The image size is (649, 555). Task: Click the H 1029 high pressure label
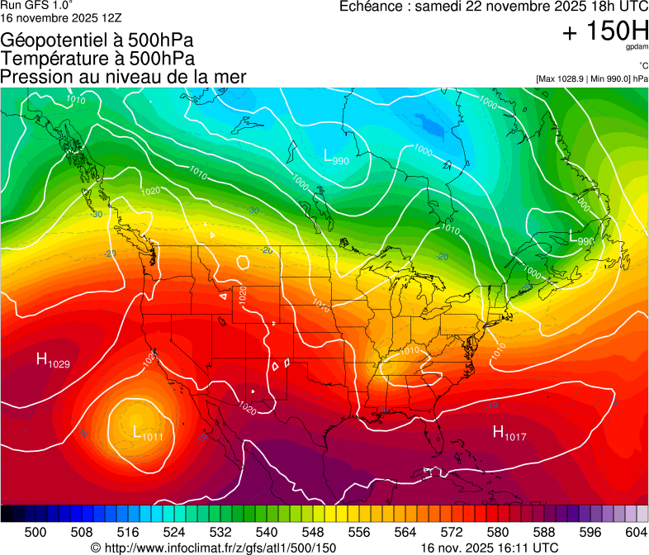(52, 359)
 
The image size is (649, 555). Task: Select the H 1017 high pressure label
(509, 432)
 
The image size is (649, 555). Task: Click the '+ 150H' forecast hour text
(605, 32)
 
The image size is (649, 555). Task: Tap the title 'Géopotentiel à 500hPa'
(98, 40)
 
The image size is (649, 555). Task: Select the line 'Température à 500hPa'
(97, 59)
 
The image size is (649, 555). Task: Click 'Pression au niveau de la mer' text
(124, 77)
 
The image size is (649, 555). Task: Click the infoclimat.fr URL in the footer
(213, 548)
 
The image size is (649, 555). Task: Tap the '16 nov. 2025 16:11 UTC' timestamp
(490, 548)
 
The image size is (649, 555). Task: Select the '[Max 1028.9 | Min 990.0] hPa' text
(592, 78)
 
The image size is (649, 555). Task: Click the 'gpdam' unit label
(637, 48)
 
